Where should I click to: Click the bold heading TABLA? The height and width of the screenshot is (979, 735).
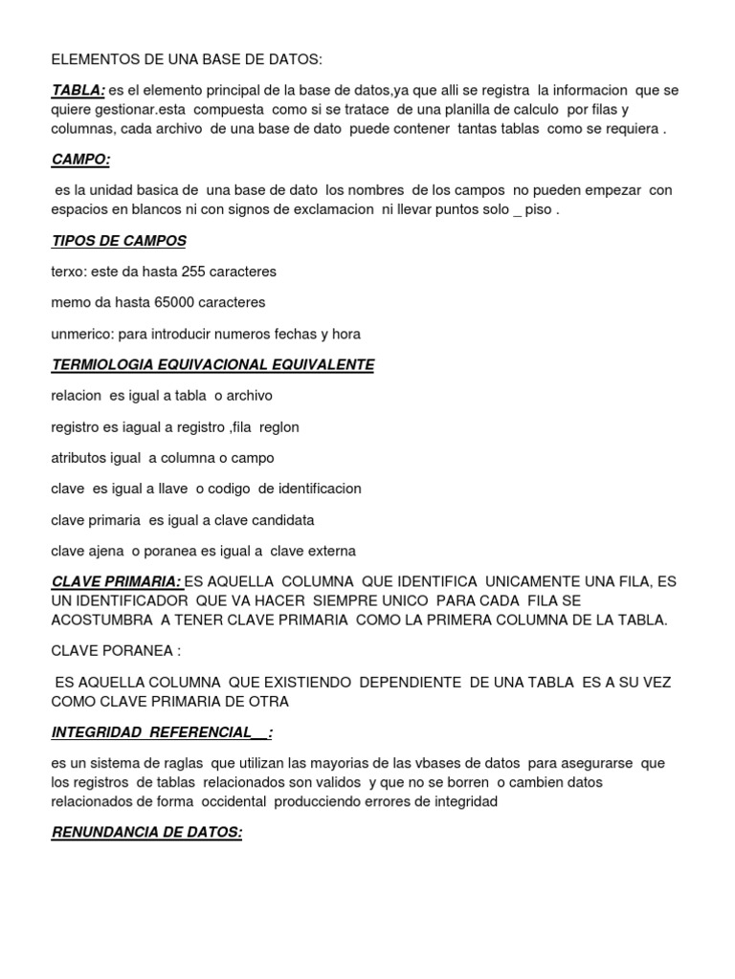tap(78, 91)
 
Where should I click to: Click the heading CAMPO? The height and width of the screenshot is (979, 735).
tap(80, 160)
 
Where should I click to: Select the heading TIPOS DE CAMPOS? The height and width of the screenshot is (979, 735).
tap(119, 241)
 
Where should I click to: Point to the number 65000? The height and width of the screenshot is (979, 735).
tap(175, 302)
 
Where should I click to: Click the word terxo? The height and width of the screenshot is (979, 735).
tap(68, 272)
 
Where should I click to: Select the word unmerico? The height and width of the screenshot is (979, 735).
tap(80, 334)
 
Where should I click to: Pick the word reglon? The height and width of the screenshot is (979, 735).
tap(279, 426)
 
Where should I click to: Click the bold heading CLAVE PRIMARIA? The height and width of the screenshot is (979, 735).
tap(116, 581)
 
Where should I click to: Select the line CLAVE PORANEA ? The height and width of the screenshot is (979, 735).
tap(116, 651)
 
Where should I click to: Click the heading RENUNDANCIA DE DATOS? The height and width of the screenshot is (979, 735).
tap(146, 833)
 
